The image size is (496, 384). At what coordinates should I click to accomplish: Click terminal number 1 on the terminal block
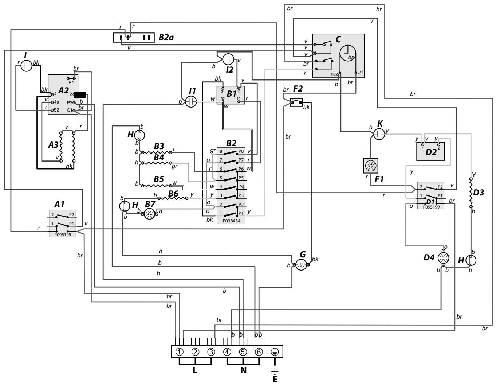point(180,352)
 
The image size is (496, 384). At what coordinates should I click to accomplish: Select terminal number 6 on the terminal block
point(259,352)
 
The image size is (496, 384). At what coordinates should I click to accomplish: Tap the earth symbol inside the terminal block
point(275,352)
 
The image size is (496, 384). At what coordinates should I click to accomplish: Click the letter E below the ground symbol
point(275,379)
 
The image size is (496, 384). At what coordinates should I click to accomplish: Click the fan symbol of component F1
point(370,166)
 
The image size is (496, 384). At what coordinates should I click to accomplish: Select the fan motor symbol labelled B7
point(150,214)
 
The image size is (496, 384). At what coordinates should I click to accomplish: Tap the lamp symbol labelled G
point(301,265)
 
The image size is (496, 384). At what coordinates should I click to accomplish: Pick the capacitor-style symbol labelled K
point(379,134)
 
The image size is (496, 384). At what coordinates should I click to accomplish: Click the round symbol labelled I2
point(228,59)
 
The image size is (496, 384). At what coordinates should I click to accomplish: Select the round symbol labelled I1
point(191,102)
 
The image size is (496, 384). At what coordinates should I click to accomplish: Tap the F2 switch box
point(296,102)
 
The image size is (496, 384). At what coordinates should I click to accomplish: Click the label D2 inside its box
point(431,152)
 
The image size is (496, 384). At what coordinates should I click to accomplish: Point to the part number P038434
point(231,221)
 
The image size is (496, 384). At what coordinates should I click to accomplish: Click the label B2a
point(166,37)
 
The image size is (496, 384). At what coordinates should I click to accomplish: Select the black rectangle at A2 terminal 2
point(80,95)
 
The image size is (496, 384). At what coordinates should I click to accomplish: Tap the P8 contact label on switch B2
point(241,151)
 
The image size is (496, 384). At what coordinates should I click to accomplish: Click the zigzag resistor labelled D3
point(471,193)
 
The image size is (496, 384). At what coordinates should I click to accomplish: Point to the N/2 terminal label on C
point(334,74)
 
